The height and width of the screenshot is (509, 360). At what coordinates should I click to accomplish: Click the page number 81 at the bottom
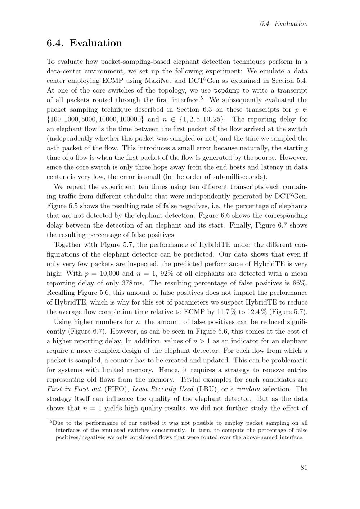[x=303, y=468]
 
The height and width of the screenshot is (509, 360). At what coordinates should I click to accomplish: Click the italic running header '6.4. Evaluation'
[x=284, y=24]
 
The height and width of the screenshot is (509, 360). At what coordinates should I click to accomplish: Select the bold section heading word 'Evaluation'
[x=96, y=43]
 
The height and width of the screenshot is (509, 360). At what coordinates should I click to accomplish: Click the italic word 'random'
[x=248, y=389]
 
